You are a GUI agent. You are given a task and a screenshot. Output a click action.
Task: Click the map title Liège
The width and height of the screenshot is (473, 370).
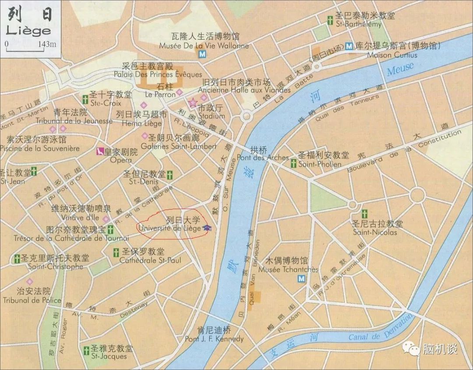point(28,31)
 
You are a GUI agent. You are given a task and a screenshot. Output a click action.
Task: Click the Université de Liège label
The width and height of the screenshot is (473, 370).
point(169,228)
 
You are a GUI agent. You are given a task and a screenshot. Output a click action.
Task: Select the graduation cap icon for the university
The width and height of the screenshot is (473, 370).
point(207,228)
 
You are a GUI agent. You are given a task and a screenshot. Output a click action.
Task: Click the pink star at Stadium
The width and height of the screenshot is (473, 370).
point(192,103)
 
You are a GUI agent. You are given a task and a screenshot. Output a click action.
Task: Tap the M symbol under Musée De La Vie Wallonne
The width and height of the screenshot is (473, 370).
point(202,54)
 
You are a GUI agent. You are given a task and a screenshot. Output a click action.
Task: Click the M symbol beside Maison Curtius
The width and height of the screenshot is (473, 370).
point(349,46)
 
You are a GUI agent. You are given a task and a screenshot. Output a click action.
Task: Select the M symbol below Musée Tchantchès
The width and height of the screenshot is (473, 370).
point(301,279)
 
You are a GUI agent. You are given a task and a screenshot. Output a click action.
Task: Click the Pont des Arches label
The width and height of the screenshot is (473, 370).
point(263,157)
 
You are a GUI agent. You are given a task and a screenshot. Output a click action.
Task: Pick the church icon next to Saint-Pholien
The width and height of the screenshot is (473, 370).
point(293,164)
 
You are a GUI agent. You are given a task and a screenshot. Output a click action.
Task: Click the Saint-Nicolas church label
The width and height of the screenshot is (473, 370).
point(375,232)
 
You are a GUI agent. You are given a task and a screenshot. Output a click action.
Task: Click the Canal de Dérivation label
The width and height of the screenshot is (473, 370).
point(380,330)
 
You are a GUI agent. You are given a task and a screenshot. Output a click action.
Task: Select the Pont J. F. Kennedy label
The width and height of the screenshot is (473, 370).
point(214,339)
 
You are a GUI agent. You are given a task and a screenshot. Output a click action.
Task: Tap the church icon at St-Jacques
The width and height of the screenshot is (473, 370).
point(86,350)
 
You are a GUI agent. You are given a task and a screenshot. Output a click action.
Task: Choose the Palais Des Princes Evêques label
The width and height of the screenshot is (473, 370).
point(158,74)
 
